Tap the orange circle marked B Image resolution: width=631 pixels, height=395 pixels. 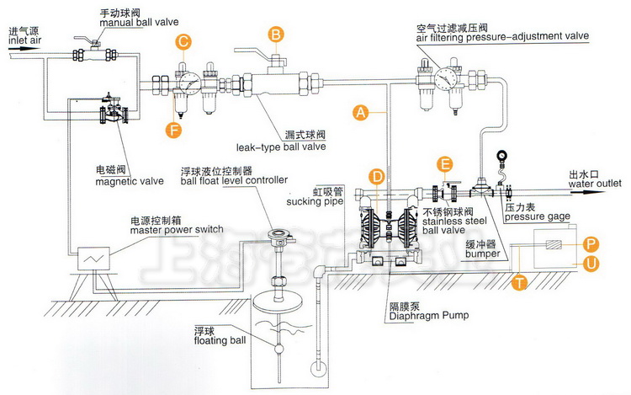pos(275,35)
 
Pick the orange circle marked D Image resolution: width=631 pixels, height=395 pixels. pos(379,176)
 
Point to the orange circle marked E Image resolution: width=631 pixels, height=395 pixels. pos(446,165)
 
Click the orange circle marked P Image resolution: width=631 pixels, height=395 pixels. pos(591,243)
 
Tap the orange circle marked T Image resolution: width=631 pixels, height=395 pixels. pos(520,283)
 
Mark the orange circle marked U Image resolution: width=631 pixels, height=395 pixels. pos(591,264)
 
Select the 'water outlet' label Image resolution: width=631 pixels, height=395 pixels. pos(593,182)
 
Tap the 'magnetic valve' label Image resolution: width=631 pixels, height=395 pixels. pos(117,180)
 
